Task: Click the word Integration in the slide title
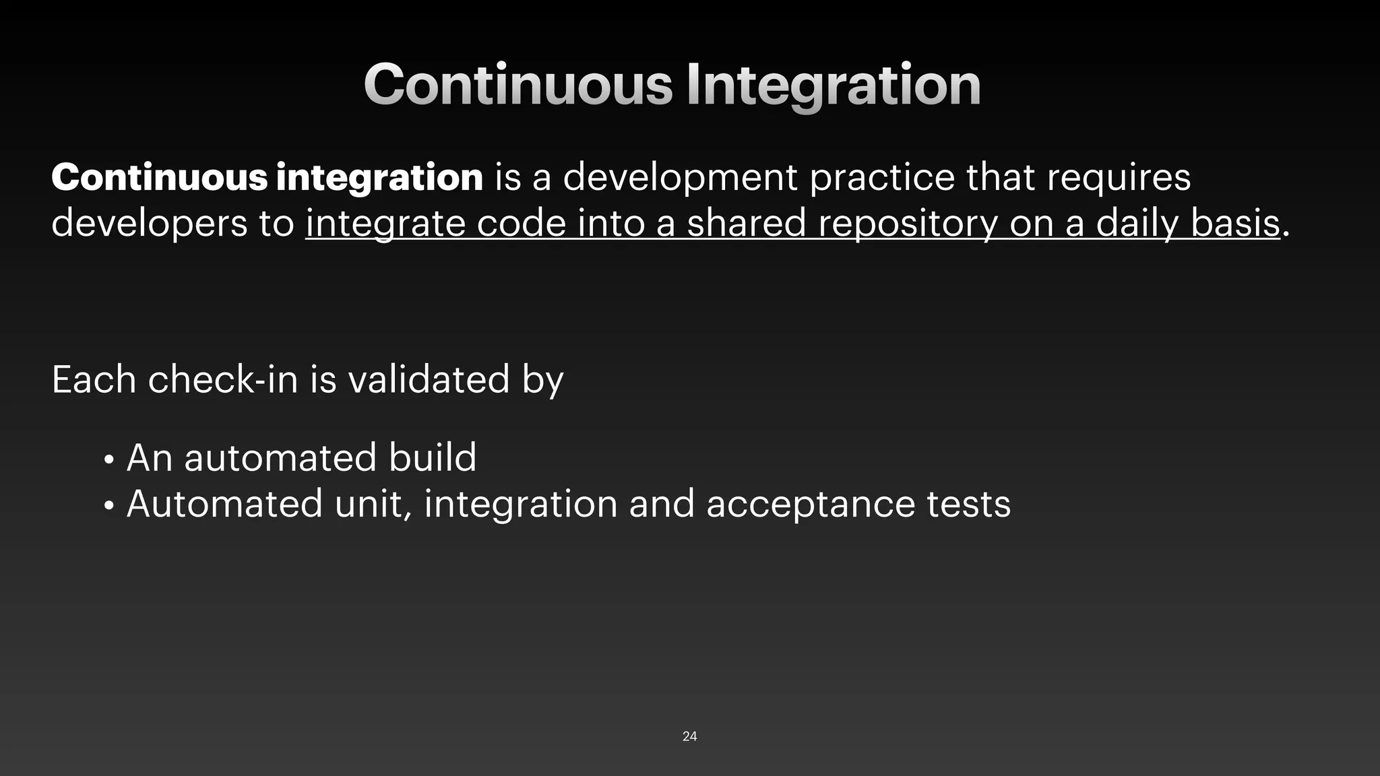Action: [x=833, y=85]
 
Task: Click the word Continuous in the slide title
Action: [x=517, y=85]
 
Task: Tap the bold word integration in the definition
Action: [x=379, y=177]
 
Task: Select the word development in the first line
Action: [x=680, y=178]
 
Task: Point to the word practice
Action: [x=881, y=178]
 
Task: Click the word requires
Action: [x=1118, y=178]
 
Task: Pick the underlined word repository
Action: [x=908, y=224]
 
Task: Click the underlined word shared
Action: [x=746, y=223]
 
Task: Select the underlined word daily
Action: [x=1137, y=224]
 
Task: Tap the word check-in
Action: [x=222, y=379]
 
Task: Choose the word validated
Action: [x=429, y=379]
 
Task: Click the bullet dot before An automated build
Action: [x=108, y=461]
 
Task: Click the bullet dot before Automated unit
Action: [x=108, y=507]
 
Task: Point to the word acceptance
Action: [x=811, y=505]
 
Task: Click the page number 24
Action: [x=689, y=736]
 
